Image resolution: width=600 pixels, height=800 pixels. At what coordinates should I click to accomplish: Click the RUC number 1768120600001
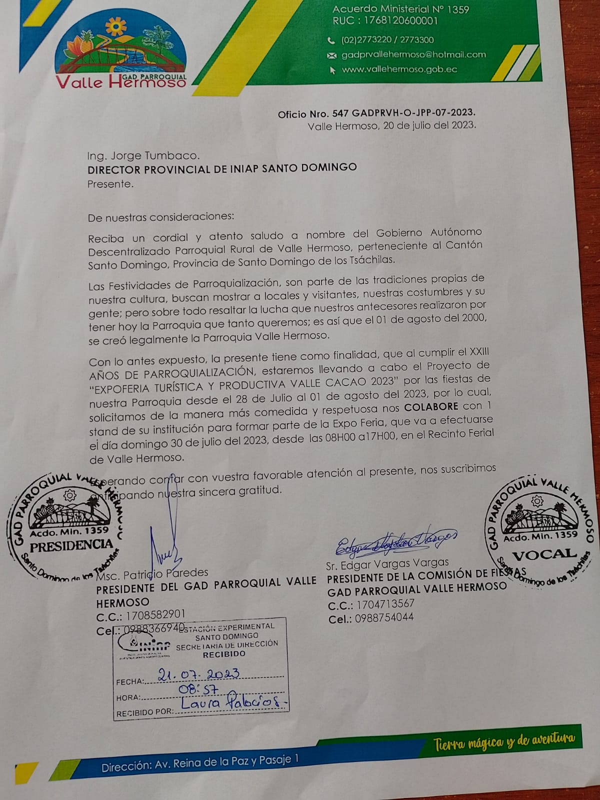click(x=385, y=21)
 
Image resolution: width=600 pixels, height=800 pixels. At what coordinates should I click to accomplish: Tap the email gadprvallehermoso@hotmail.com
click(x=413, y=54)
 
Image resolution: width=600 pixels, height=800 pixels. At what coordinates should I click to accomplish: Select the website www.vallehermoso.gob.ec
click(x=399, y=69)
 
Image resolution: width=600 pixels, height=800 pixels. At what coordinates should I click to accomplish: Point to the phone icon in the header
click(x=331, y=40)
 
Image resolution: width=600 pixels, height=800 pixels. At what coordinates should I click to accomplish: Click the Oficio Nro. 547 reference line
click(x=376, y=113)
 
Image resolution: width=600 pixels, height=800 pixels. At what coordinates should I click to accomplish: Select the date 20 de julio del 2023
click(x=429, y=125)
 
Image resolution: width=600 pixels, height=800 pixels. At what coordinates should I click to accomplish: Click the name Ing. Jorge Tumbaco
click(x=143, y=155)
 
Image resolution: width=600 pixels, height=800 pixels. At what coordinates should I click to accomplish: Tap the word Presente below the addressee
click(x=110, y=184)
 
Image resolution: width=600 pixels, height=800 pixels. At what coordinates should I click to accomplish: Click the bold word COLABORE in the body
click(x=431, y=406)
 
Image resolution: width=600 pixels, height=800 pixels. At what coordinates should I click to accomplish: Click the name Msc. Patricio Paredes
click(x=152, y=573)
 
